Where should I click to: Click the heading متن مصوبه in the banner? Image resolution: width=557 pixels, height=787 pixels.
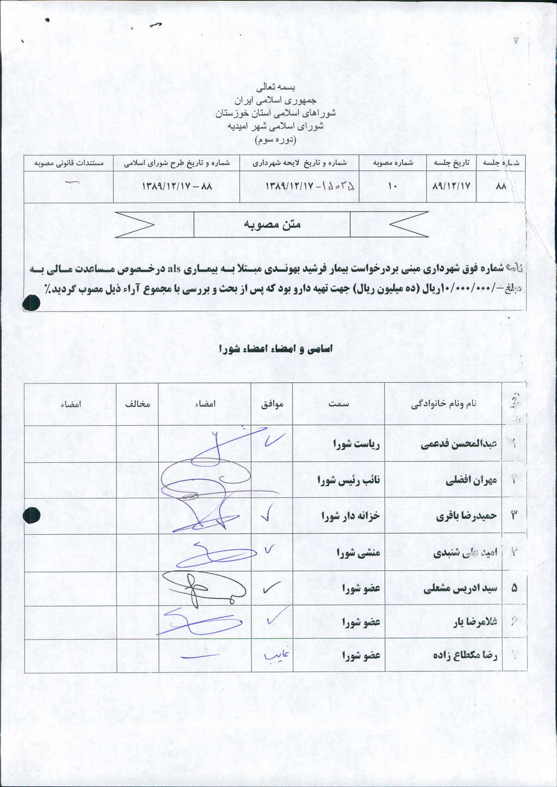click(x=272, y=224)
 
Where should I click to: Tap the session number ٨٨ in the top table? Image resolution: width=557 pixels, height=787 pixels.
click(x=501, y=186)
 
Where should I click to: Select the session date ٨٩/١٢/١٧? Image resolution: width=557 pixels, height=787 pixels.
click(x=450, y=186)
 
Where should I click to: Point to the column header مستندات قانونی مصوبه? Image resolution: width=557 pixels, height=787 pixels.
click(x=69, y=163)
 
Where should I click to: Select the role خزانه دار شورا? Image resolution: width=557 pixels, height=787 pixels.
click(x=350, y=516)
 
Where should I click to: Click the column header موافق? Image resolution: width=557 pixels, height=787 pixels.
click(x=273, y=404)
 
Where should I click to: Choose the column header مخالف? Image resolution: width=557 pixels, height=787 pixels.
click(x=138, y=404)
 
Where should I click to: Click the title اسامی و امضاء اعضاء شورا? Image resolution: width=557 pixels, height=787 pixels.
click(x=275, y=349)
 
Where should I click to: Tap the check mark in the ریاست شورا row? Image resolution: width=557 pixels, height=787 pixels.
click(x=272, y=440)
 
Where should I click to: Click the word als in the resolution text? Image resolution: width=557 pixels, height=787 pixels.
click(x=174, y=269)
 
